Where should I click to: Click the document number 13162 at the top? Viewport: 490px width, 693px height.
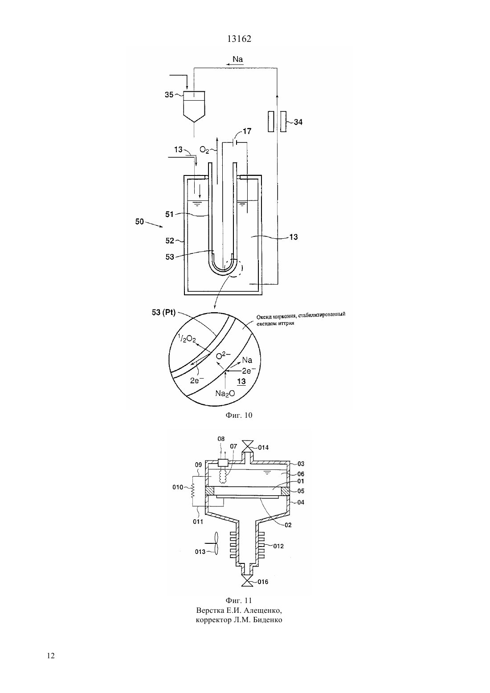(x=239, y=39)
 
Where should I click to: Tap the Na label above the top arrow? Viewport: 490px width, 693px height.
(x=237, y=59)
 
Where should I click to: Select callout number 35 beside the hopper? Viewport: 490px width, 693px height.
(x=169, y=95)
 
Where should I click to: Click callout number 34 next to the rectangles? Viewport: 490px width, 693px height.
(x=298, y=122)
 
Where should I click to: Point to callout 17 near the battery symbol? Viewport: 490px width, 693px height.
(x=247, y=131)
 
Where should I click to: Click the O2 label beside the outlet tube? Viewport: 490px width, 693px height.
(x=204, y=150)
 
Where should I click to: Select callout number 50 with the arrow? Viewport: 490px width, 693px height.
(x=139, y=221)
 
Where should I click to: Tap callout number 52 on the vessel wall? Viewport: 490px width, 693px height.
(x=170, y=241)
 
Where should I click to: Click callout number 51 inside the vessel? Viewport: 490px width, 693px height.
(x=169, y=214)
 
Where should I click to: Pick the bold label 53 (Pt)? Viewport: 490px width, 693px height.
(x=163, y=313)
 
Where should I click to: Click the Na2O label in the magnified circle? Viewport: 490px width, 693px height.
(x=225, y=394)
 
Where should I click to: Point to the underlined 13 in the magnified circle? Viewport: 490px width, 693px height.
(x=241, y=381)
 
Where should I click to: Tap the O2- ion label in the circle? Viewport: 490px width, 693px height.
(x=223, y=356)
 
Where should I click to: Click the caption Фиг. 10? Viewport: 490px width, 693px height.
(x=239, y=415)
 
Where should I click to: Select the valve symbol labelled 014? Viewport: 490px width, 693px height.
(x=248, y=446)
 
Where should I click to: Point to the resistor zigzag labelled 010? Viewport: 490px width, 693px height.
(x=192, y=488)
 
